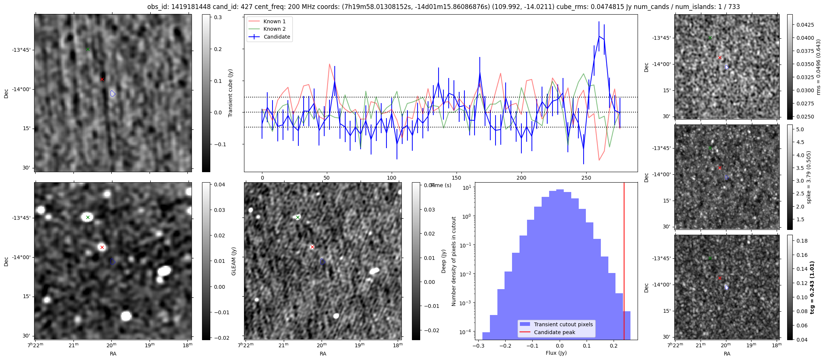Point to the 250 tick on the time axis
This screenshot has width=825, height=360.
(x=586, y=178)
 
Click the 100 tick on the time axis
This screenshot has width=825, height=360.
(x=392, y=178)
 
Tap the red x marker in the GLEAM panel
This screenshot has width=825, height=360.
(x=102, y=247)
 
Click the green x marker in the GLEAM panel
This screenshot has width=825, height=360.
(x=88, y=217)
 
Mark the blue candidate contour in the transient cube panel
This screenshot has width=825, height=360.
(x=113, y=93)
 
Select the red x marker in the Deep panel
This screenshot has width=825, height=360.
(x=312, y=247)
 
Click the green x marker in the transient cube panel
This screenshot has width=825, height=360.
(x=88, y=49)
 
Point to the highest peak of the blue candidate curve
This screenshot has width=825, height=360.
(x=599, y=36)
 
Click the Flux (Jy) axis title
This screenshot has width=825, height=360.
(x=556, y=353)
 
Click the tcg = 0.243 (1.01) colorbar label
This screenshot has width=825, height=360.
(x=812, y=287)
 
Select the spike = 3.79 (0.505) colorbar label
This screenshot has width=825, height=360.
(x=809, y=177)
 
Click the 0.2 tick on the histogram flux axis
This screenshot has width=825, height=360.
(x=614, y=346)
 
